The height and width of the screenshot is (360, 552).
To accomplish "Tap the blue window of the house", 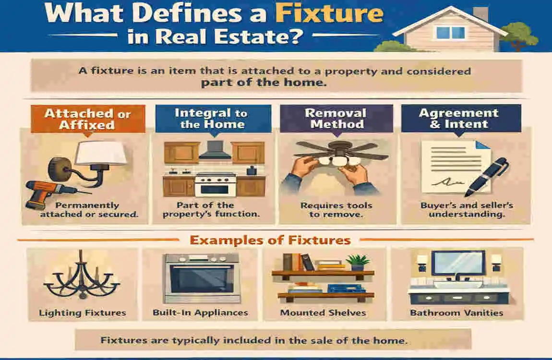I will tap(450, 33).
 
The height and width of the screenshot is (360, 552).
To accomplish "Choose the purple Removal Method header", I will tap(336, 119).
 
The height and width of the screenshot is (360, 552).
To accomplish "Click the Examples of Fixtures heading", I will tap(270, 239).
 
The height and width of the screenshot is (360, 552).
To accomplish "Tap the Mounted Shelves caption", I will tap(323, 313).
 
